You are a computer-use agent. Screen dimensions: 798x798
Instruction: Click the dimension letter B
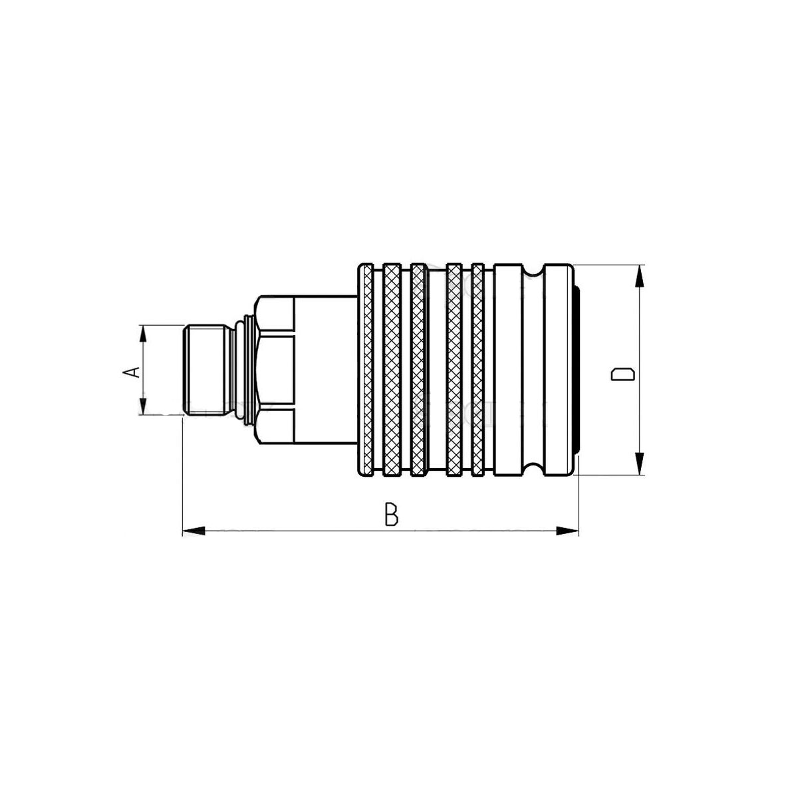click(391, 515)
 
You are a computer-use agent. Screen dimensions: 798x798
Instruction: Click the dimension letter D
click(622, 374)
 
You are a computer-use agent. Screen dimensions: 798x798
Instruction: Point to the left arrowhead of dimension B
click(194, 531)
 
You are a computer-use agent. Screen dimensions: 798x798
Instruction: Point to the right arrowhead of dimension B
click(567, 531)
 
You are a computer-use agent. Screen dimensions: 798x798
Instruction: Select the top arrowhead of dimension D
click(640, 276)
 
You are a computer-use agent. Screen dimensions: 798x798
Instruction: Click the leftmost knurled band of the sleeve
click(367, 370)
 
